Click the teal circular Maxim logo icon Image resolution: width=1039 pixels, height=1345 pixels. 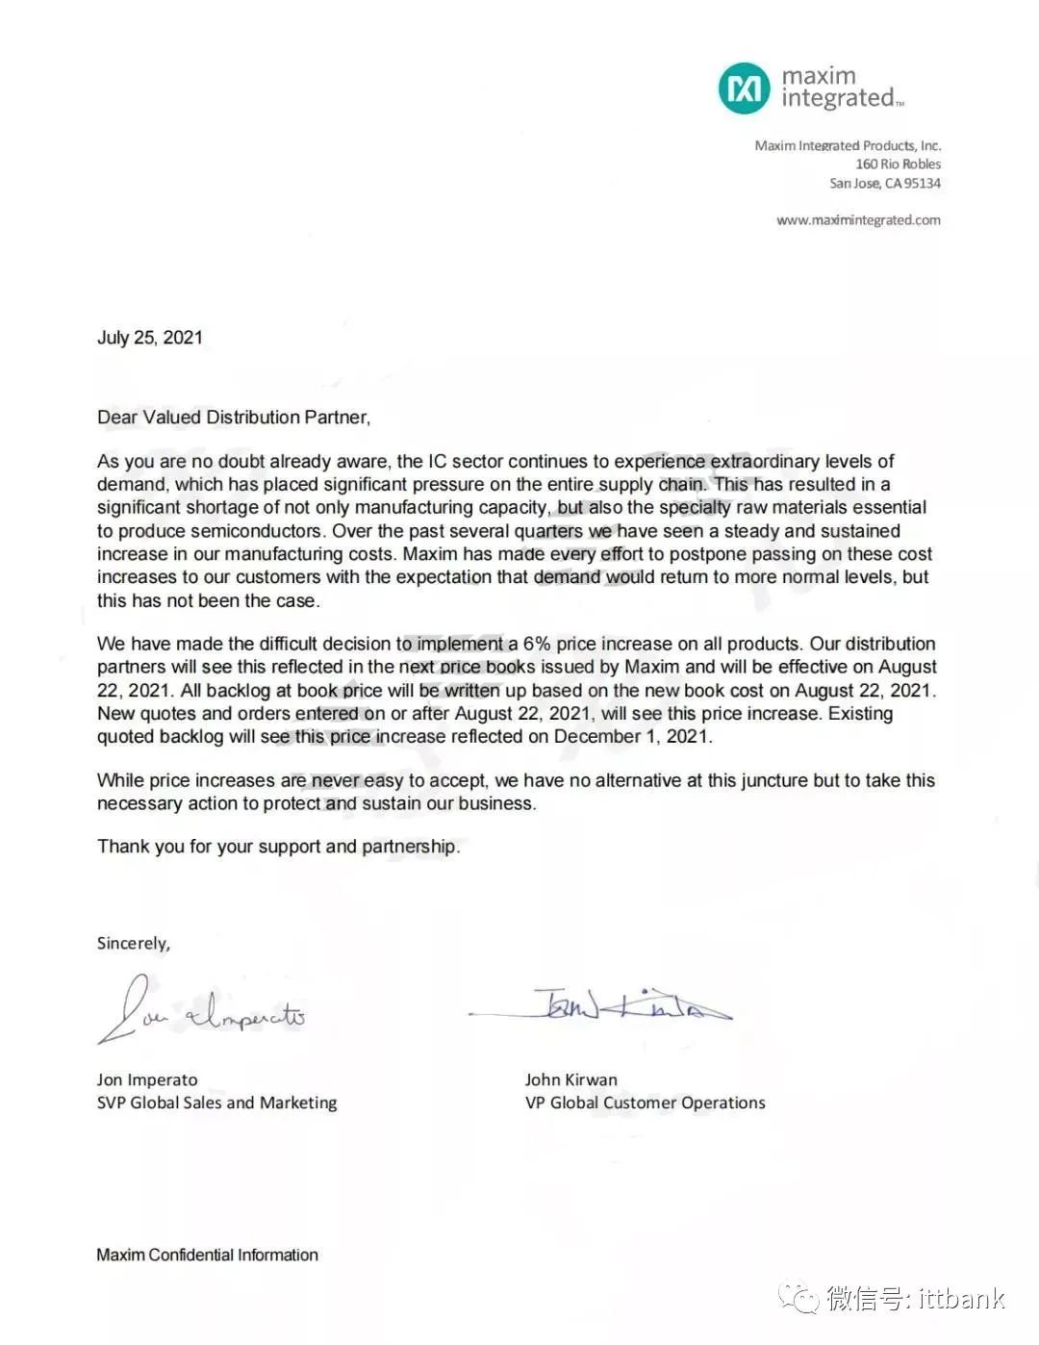coord(745,89)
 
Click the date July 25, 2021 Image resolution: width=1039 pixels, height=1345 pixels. coord(150,338)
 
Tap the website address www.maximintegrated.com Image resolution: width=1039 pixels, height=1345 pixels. coord(858,220)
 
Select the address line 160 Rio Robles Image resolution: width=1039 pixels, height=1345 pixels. coord(898,165)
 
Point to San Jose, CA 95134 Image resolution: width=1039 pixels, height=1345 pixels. coord(885,184)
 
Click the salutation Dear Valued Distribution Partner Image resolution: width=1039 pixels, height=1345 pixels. coord(233,418)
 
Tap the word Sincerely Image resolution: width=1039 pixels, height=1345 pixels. coord(133,944)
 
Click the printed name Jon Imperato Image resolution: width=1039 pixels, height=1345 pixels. coord(147,1079)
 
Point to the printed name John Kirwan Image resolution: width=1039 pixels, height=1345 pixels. coord(571,1079)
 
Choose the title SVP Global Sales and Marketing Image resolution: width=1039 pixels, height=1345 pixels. coord(216,1103)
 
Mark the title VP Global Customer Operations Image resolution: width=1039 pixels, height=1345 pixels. coord(646,1103)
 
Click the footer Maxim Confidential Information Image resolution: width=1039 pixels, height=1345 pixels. coord(207,1255)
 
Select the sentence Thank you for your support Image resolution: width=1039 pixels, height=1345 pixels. coord(278,847)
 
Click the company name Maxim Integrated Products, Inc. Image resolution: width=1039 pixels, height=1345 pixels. coord(848,146)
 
